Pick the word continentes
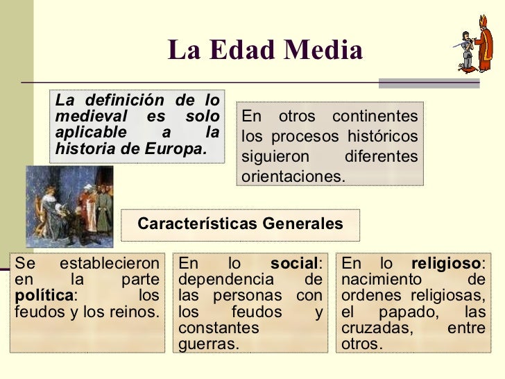tap(375, 116)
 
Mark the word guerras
tap(208, 344)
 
